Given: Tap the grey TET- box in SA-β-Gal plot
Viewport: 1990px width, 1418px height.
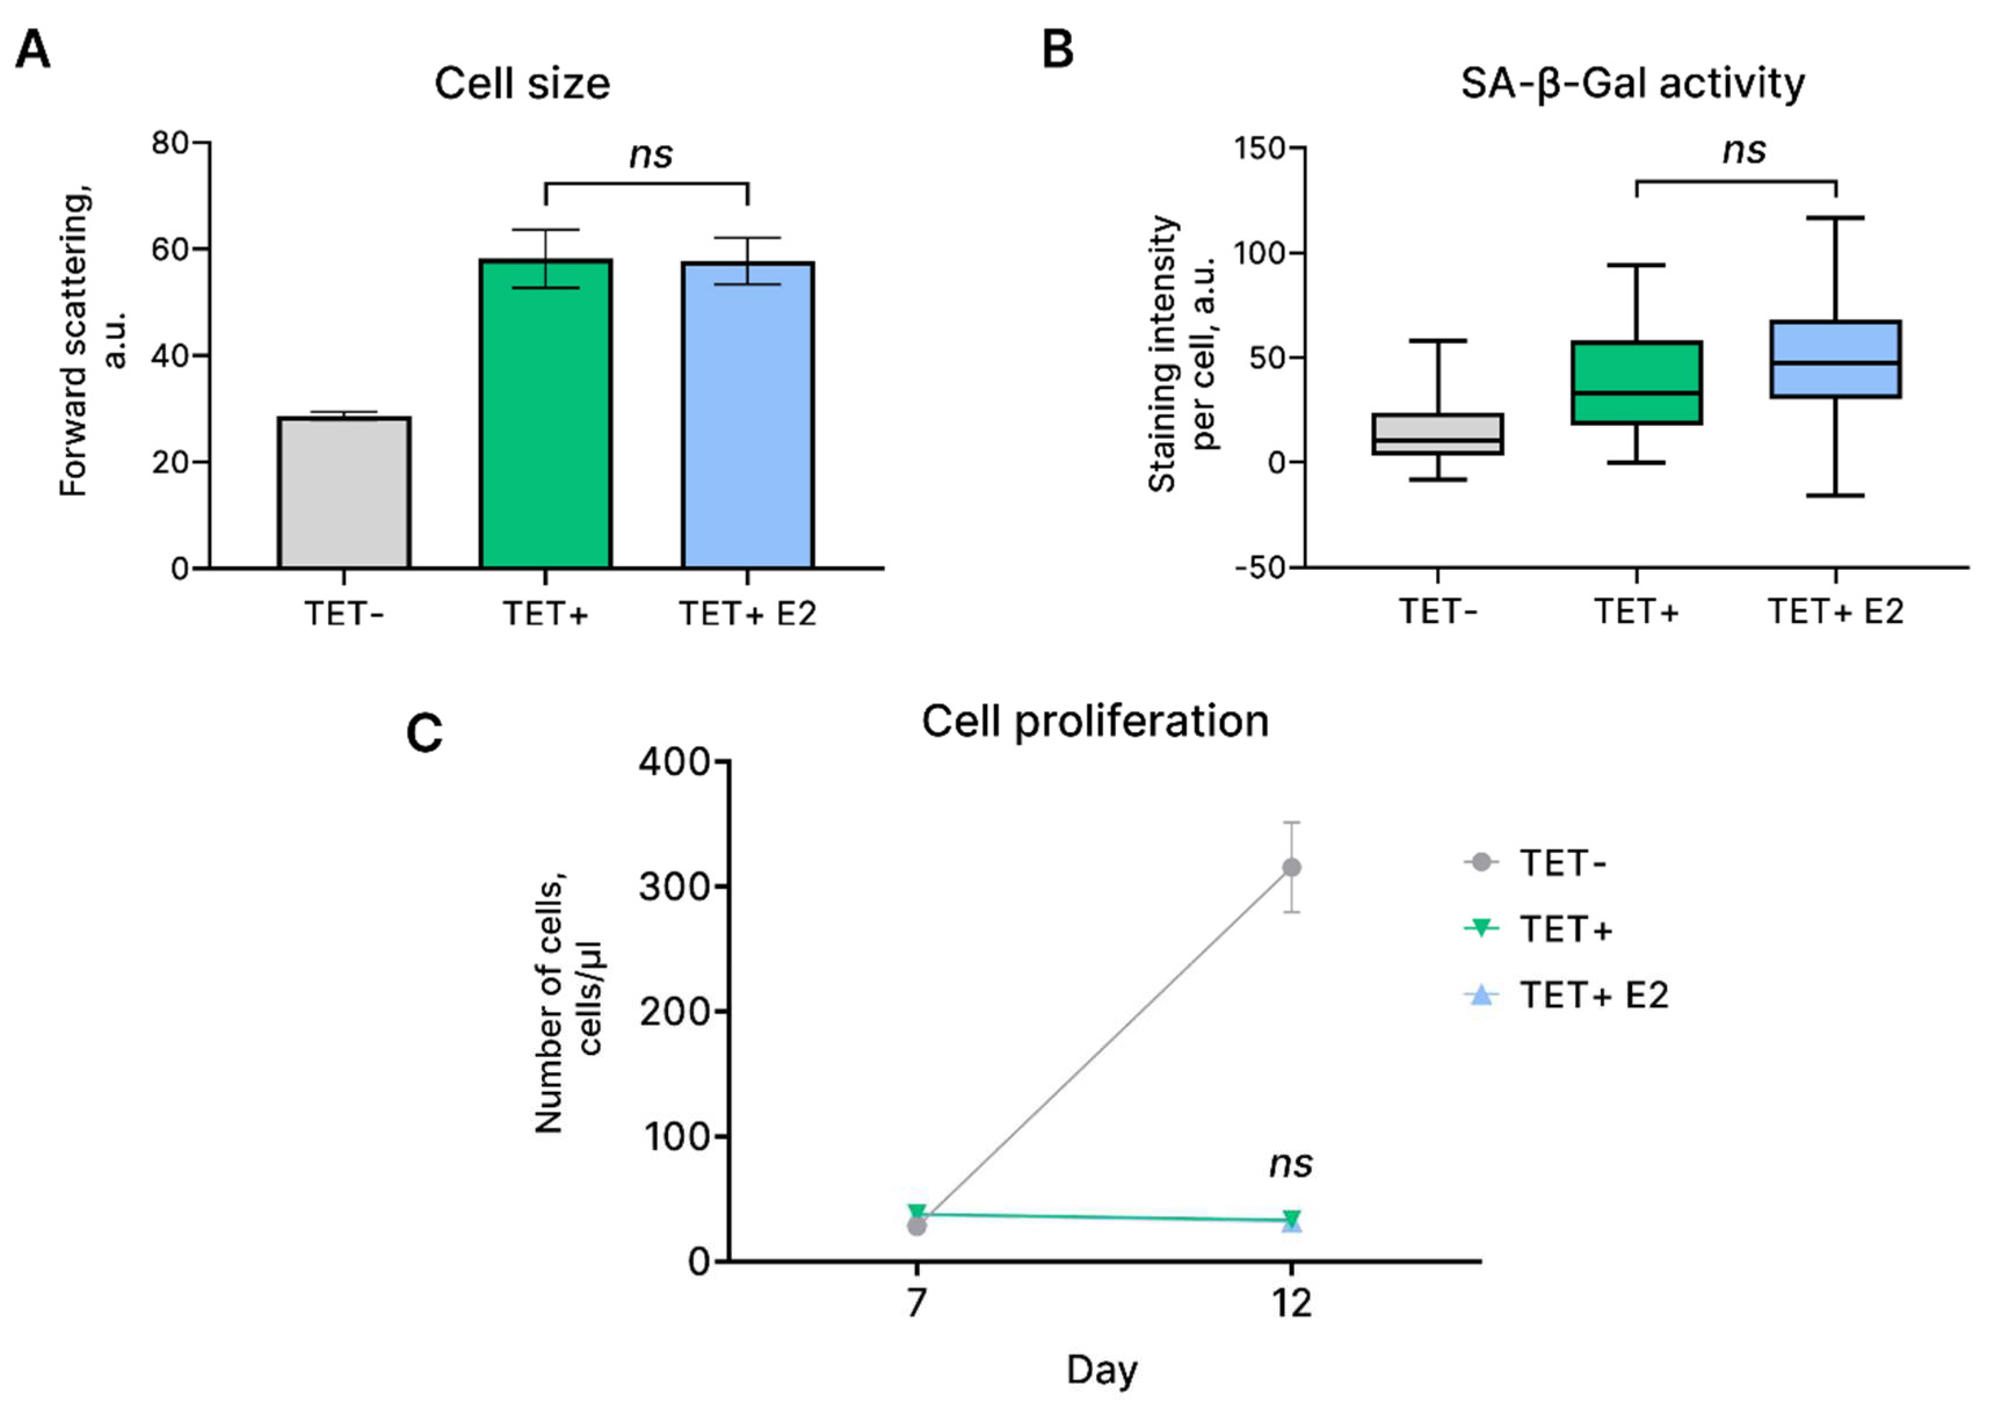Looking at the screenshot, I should [x=1437, y=434].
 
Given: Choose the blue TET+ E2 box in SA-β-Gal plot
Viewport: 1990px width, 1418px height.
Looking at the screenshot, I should [x=1836, y=359].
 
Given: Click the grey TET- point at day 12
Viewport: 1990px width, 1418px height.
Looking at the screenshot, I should [x=1291, y=867].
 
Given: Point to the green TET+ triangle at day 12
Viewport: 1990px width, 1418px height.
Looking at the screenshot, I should [x=1291, y=1218].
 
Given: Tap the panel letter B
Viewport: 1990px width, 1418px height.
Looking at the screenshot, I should [x=1058, y=50].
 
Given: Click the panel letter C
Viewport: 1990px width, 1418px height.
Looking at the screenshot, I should [x=424, y=733].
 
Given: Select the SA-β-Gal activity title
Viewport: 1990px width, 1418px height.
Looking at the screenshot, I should [x=1632, y=84].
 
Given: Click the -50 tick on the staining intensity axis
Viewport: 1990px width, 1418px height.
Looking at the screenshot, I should [x=1259, y=567].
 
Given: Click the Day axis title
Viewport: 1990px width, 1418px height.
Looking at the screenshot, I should [x=1101, y=1370].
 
